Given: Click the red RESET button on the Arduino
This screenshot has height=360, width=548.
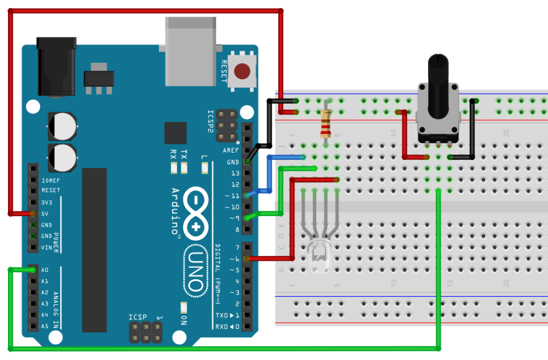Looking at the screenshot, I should click(x=243, y=71).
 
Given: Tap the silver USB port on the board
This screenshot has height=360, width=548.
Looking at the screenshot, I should click(x=191, y=51).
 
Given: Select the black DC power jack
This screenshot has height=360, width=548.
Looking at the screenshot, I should click(x=55, y=67).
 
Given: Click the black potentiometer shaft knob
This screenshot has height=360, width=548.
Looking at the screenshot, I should click(x=438, y=86).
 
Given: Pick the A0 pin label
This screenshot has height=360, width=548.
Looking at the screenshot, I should click(x=45, y=270).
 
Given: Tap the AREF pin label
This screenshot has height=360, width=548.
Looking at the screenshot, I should click(x=231, y=151).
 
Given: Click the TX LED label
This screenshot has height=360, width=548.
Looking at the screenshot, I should click(x=184, y=155).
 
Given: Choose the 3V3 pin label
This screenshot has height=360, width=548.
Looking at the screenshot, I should click(x=47, y=202).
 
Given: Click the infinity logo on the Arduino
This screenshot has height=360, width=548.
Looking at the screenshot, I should click(x=196, y=212).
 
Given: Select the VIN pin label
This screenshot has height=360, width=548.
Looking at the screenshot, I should click(x=47, y=247).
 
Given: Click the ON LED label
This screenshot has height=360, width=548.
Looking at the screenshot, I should click(x=184, y=320).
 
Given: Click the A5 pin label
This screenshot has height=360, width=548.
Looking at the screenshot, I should click(x=45, y=326).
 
